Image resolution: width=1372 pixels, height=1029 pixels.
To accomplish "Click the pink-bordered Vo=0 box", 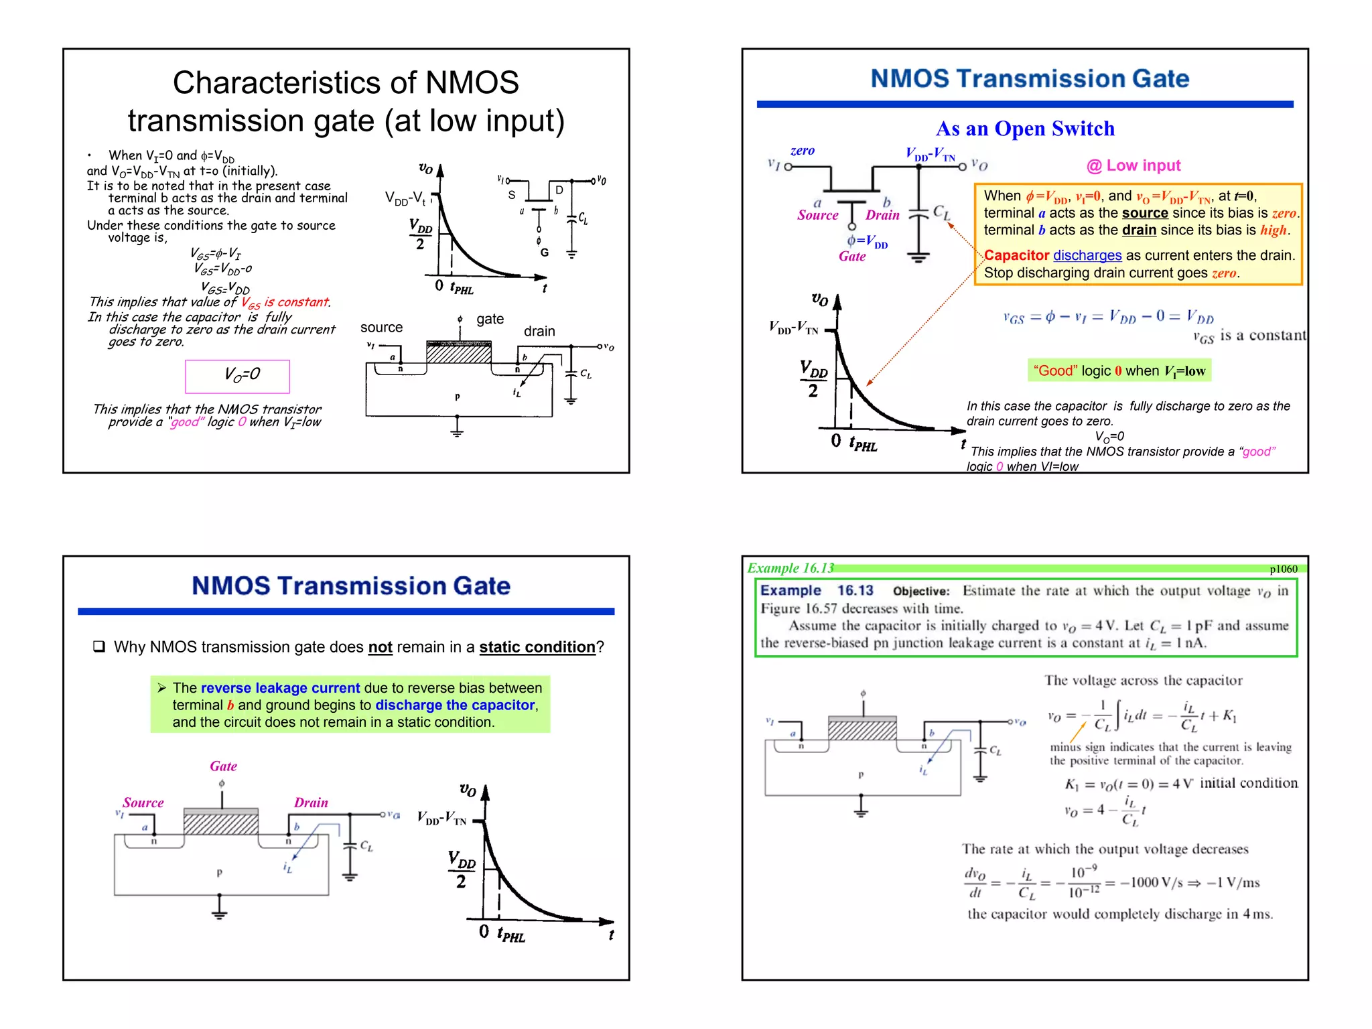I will [238, 376].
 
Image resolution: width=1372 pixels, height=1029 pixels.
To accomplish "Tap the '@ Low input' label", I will [1133, 165].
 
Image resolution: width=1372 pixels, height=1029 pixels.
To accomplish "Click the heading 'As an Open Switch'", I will [1025, 129].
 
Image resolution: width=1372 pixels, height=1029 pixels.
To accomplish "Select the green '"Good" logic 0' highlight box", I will [1119, 370].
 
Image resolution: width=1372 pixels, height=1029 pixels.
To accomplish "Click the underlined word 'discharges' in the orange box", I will [1087, 255].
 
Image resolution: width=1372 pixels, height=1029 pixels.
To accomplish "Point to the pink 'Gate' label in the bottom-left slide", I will [223, 766].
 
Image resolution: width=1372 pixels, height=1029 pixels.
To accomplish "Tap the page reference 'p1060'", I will [1283, 569].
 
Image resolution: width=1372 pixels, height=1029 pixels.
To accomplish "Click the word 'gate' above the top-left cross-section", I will [490, 319].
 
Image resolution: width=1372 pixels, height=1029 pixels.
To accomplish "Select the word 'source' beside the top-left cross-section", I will [381, 328].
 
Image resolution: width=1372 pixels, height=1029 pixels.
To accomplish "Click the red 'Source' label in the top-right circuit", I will [817, 215].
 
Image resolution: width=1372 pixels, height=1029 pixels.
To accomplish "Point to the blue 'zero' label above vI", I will [802, 151].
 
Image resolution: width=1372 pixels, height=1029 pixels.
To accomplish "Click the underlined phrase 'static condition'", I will [537, 647].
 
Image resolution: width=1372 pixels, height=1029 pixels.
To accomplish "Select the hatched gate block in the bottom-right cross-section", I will [862, 729].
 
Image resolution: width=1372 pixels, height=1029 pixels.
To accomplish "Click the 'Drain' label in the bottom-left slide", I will [311, 803].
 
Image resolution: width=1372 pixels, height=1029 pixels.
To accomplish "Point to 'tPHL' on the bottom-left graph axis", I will [511, 934].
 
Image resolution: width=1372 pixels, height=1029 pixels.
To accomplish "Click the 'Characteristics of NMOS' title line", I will [346, 83].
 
